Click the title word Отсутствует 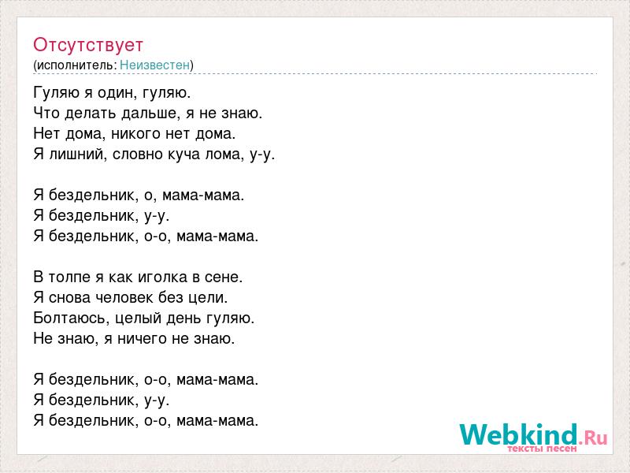click(x=88, y=45)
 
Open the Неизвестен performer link click(x=154, y=65)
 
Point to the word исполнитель click(x=76, y=65)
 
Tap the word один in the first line click(x=109, y=93)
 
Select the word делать click(x=91, y=114)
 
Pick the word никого click(x=135, y=134)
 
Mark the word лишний click(x=78, y=155)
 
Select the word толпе click(x=69, y=277)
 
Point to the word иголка click(x=162, y=277)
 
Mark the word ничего click(x=143, y=339)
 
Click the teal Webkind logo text click(x=519, y=434)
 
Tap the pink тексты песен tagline click(x=542, y=449)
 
